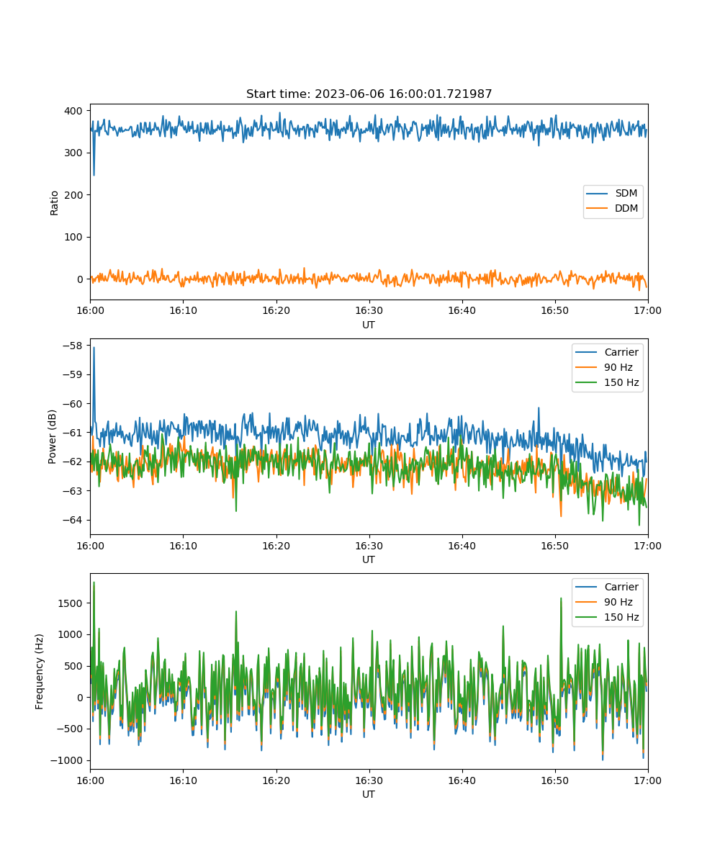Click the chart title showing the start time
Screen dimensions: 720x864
pos(369,94)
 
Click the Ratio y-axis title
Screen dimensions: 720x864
pos(54,203)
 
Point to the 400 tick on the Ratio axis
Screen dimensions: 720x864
pos(73,111)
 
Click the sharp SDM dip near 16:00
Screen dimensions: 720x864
pos(94,175)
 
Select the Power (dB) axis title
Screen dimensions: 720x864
pos(52,436)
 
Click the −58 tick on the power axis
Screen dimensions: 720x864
pos(73,346)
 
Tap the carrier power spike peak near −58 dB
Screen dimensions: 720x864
pos(94,348)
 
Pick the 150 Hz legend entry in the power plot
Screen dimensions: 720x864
pos(607,382)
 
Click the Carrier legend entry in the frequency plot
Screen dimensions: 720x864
pos(607,587)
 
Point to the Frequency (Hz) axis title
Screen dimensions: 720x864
pos(39,672)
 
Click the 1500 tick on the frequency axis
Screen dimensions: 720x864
pos(70,603)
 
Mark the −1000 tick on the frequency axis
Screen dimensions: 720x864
pos(67,760)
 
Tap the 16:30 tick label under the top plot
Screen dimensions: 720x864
pos(369,310)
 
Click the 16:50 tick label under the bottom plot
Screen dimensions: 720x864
pos(555,780)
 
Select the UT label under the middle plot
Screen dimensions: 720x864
pos(369,559)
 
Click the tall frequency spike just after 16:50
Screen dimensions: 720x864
pos(561,599)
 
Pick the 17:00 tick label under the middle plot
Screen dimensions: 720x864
pos(647,546)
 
